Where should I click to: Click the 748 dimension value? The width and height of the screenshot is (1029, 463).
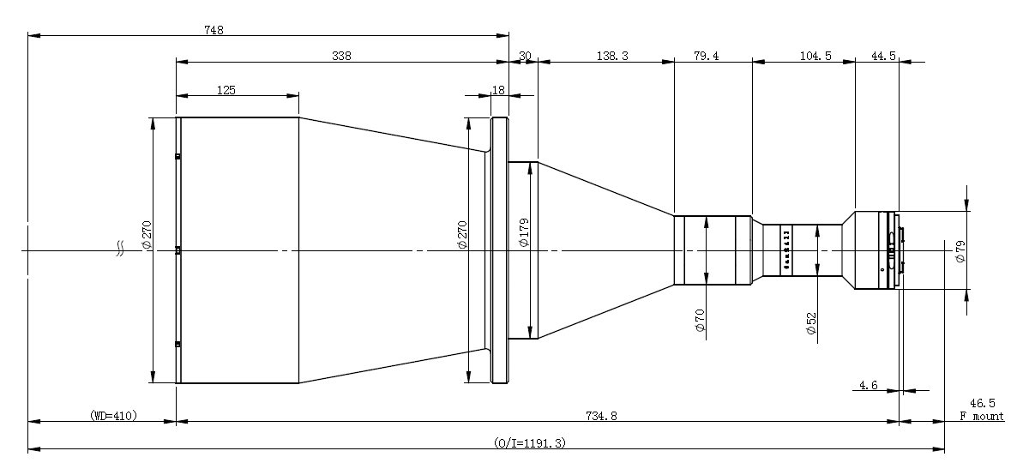click(x=214, y=30)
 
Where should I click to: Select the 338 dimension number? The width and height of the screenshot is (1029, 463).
click(x=341, y=56)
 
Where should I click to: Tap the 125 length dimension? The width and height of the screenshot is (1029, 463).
click(x=227, y=89)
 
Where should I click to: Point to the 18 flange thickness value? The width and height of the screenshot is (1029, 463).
click(x=498, y=89)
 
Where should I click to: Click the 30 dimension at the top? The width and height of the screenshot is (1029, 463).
click(x=525, y=56)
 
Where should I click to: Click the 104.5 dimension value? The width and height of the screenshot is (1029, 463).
click(x=803, y=56)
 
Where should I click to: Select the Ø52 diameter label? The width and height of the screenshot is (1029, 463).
click(x=811, y=324)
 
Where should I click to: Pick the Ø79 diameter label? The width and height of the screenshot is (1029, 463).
click(x=960, y=251)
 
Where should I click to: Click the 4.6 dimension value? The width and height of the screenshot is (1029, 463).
click(x=868, y=386)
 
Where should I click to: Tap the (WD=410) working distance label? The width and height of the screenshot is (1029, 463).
click(x=113, y=415)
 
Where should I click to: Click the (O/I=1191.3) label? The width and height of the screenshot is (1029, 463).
click(x=530, y=442)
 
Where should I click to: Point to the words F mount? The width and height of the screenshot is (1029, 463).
click(x=981, y=417)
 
